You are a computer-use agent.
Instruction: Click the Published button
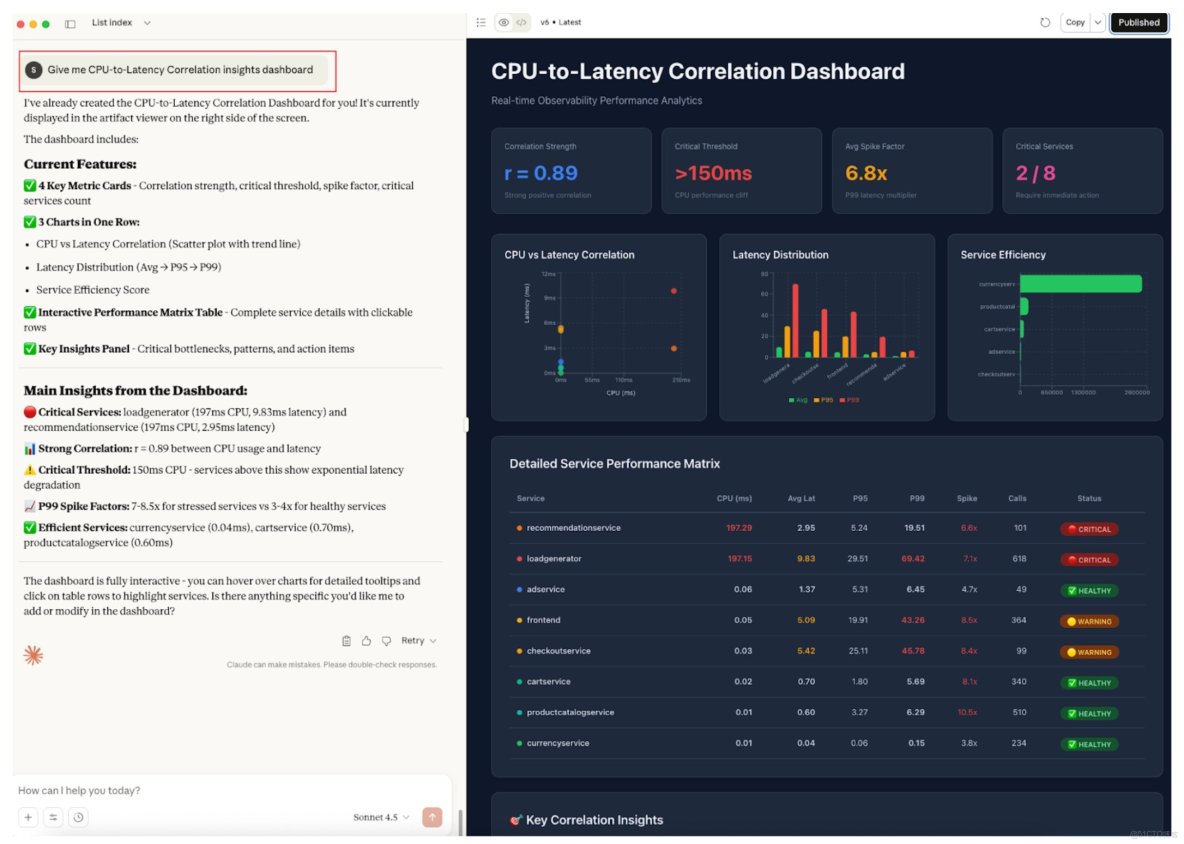tap(1138, 22)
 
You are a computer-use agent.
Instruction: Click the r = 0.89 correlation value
tap(539, 174)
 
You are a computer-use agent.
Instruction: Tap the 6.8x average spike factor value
tap(866, 174)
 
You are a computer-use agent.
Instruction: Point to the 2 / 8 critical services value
tap(1035, 174)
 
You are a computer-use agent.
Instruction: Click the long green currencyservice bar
tap(1080, 284)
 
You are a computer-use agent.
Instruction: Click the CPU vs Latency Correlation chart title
tap(569, 255)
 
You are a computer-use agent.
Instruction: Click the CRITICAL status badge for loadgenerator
tap(1089, 560)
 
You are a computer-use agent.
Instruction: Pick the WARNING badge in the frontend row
tap(1089, 621)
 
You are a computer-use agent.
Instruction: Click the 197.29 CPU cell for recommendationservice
tap(739, 528)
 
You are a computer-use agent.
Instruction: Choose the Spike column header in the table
tap(967, 498)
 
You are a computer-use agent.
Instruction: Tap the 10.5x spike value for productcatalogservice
tap(967, 713)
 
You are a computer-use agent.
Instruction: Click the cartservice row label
tap(548, 682)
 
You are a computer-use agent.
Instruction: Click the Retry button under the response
tap(418, 641)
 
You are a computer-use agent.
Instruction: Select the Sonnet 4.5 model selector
tap(381, 817)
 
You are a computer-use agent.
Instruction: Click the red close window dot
tap(21, 23)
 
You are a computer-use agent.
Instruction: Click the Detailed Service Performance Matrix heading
tap(614, 464)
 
